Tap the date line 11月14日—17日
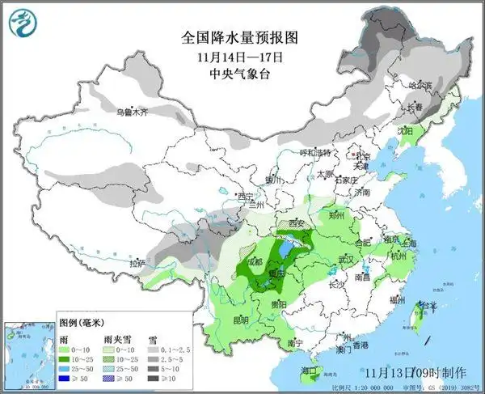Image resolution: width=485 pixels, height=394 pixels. (x=241, y=57)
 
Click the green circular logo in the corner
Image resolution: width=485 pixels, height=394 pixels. (x=23, y=24)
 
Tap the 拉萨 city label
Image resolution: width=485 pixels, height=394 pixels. (x=137, y=263)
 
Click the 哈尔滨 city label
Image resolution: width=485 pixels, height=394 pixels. (x=420, y=84)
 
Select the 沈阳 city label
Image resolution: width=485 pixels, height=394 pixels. (x=404, y=130)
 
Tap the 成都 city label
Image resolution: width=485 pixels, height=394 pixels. (x=255, y=261)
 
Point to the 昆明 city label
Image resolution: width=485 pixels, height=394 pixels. (x=241, y=320)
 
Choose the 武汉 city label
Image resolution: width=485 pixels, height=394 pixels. (x=347, y=259)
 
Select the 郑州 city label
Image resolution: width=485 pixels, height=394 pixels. (x=336, y=216)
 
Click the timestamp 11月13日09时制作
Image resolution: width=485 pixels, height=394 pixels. (x=414, y=372)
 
